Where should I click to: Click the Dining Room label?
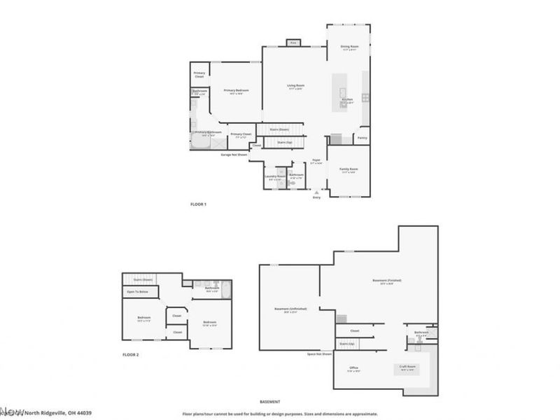pos(349,47)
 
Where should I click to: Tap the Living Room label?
pos(295,86)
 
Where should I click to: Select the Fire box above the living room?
pos(293,43)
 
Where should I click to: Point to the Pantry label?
pos(362,138)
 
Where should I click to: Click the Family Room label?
pos(349,169)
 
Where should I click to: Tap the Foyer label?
pos(316,160)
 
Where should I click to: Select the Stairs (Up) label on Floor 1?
pos(285,142)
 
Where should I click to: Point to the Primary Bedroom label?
pos(236,90)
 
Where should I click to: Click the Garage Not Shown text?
pos(234,155)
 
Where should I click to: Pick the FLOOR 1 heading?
pos(199,204)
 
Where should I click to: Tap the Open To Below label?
pos(137,291)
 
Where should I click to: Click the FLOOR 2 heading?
pos(130,356)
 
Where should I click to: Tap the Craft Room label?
pos(407,367)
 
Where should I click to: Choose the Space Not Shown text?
pos(319,354)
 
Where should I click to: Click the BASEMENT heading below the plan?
pos(269,402)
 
